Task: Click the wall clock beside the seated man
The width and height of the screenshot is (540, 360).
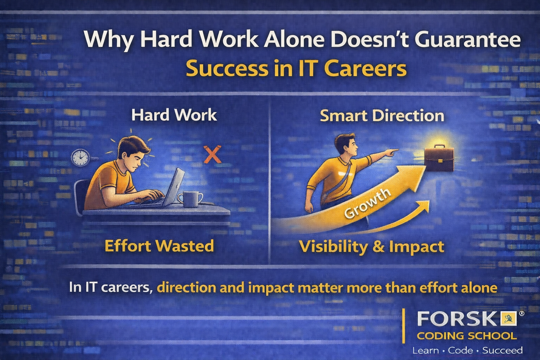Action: coord(81,158)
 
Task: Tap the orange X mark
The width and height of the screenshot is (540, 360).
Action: coord(213,154)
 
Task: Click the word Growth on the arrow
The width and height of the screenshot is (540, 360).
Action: coord(367,203)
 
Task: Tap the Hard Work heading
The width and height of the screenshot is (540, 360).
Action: coord(174,115)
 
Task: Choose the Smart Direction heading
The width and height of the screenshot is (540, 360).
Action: coord(382,116)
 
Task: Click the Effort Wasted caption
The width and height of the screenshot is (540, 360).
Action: coord(159,245)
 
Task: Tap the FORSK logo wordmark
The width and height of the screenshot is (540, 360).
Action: coord(457,319)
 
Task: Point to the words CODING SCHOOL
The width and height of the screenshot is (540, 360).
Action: coord(467,336)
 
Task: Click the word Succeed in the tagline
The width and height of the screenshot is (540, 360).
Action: coord(502,351)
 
